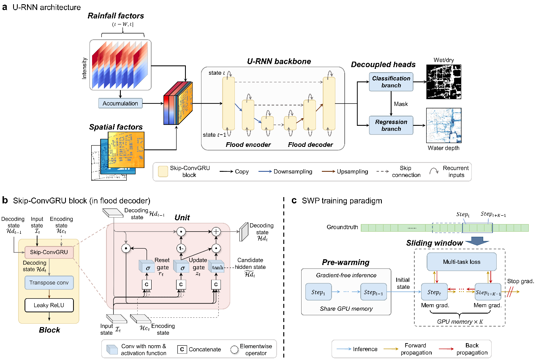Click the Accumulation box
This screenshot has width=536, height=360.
[x=120, y=103]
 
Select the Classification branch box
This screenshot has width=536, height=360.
[x=391, y=82]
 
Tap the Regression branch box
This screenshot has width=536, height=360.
[x=391, y=125]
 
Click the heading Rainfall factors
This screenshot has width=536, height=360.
[x=116, y=16]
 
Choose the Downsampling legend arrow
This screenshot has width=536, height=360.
[x=263, y=172]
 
